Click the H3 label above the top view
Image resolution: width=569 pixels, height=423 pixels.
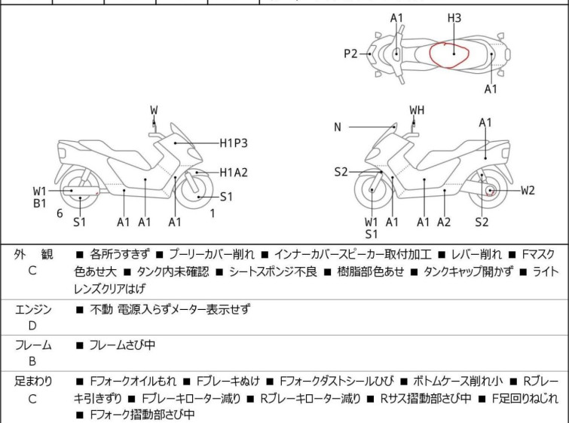pyautogui.click(x=454, y=17)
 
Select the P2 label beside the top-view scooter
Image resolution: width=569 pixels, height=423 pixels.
pyautogui.click(x=350, y=54)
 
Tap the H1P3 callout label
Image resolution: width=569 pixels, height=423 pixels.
pyautogui.click(x=234, y=142)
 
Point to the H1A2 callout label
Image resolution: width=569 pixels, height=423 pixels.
pyautogui.click(x=234, y=173)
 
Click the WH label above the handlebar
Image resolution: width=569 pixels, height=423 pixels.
pyautogui.click(x=417, y=110)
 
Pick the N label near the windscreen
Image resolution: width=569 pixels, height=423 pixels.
pyautogui.click(x=338, y=127)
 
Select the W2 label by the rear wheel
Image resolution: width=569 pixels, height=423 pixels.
pyautogui.click(x=527, y=190)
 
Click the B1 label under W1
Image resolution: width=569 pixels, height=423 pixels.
pyautogui.click(x=40, y=203)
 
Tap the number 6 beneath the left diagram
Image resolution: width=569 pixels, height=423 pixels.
pyautogui.click(x=60, y=213)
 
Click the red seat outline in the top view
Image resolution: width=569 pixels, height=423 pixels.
pyautogui.click(x=449, y=55)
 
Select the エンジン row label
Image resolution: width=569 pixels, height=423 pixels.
pyautogui.click(x=33, y=309)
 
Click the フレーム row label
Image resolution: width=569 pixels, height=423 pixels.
pyautogui.click(x=33, y=345)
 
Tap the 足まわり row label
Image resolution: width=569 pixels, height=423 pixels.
pyautogui.click(x=33, y=382)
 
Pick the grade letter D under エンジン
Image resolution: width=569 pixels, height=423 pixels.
pyautogui.click(x=32, y=326)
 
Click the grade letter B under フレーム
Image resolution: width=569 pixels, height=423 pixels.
pyautogui.click(x=32, y=362)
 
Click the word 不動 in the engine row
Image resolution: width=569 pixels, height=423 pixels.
pyautogui.click(x=101, y=309)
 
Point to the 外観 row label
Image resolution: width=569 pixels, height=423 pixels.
pyautogui.click(x=33, y=255)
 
